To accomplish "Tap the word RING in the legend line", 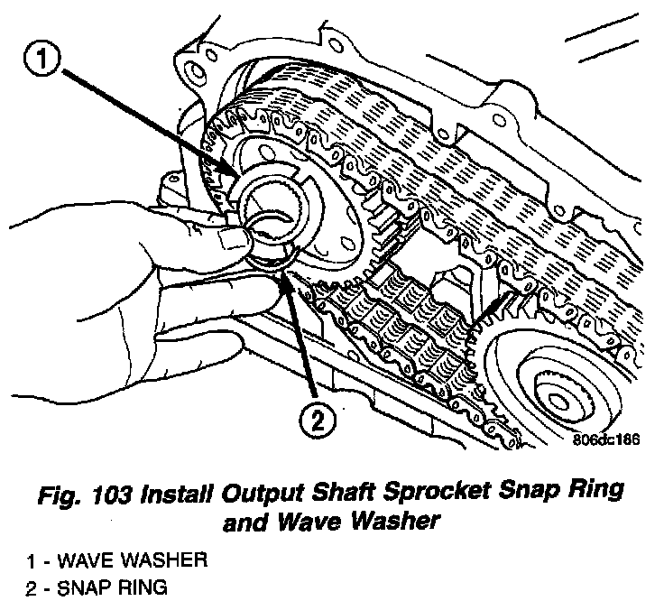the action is (x=136, y=587).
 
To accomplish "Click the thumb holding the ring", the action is (x=237, y=236).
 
